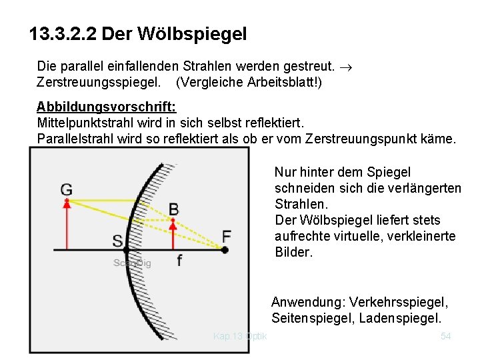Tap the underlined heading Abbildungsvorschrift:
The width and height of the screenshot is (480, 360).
pos(106,107)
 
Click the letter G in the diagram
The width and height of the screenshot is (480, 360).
pos(66,189)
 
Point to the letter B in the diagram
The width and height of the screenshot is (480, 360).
pos(173,210)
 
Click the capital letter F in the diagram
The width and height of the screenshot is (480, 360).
pos(227,236)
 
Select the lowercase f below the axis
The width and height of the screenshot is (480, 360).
pos(179,261)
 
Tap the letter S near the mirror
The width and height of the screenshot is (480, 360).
pos(117,241)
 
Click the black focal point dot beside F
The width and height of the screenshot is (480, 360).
pos(225,250)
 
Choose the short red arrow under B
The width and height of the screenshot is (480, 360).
pos(173,237)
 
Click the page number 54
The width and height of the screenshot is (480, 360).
pos(446,337)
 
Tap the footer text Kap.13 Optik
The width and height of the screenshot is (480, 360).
pos(240,337)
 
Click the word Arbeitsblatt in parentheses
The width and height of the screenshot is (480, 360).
pos(283,83)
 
